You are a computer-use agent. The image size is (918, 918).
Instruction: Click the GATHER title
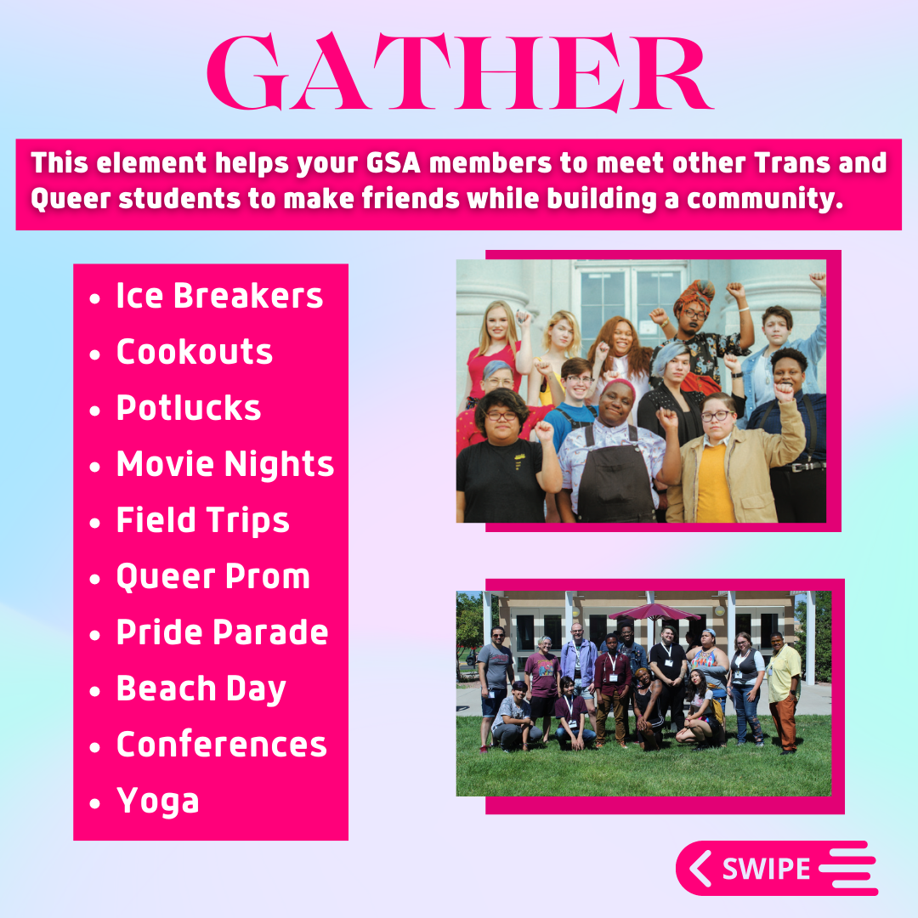pyautogui.click(x=460, y=71)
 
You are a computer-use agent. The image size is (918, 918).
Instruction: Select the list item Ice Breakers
pyautogui.click(x=219, y=295)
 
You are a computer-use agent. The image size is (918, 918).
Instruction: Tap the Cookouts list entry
pyautogui.click(x=195, y=351)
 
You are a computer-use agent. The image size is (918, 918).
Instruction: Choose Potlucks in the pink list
pyautogui.click(x=189, y=407)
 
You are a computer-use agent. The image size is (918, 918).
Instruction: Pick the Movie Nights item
pyautogui.click(x=224, y=464)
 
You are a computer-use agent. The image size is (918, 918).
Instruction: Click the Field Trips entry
pyautogui.click(x=202, y=520)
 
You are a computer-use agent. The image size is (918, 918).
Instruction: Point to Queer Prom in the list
pyautogui.click(x=213, y=576)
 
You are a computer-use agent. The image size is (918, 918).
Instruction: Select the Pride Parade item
pyautogui.click(x=223, y=632)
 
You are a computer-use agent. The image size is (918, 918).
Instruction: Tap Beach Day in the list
pyautogui.click(x=201, y=688)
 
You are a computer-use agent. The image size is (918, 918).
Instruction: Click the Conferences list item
pyautogui.click(x=221, y=744)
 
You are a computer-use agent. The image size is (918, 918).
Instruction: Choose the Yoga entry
pyautogui.click(x=157, y=801)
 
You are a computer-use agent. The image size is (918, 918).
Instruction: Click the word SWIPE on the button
pyautogui.click(x=767, y=869)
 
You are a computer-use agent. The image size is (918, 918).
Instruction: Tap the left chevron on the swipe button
pyautogui.click(x=700, y=868)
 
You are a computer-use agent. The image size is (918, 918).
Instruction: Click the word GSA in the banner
pyautogui.click(x=394, y=163)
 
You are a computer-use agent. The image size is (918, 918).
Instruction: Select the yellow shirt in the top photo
pyautogui.click(x=715, y=484)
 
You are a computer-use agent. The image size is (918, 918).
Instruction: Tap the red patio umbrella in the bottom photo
pyautogui.click(x=654, y=612)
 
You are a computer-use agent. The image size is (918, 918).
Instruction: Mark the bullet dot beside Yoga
pyautogui.click(x=95, y=803)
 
